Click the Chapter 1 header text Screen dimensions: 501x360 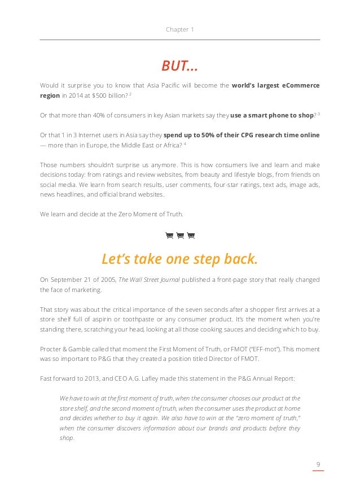pyautogui.click(x=179, y=29)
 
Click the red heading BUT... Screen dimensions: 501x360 pyautogui.click(x=179, y=66)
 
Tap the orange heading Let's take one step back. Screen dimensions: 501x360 pyautogui.click(x=179, y=259)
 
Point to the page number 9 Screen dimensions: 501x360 pyautogui.click(x=318, y=464)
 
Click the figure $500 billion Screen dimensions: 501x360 pyautogui.click(x=100, y=96)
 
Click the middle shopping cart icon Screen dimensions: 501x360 pyautogui.click(x=180, y=235)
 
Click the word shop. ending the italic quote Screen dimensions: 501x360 pyautogui.click(x=67, y=438)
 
